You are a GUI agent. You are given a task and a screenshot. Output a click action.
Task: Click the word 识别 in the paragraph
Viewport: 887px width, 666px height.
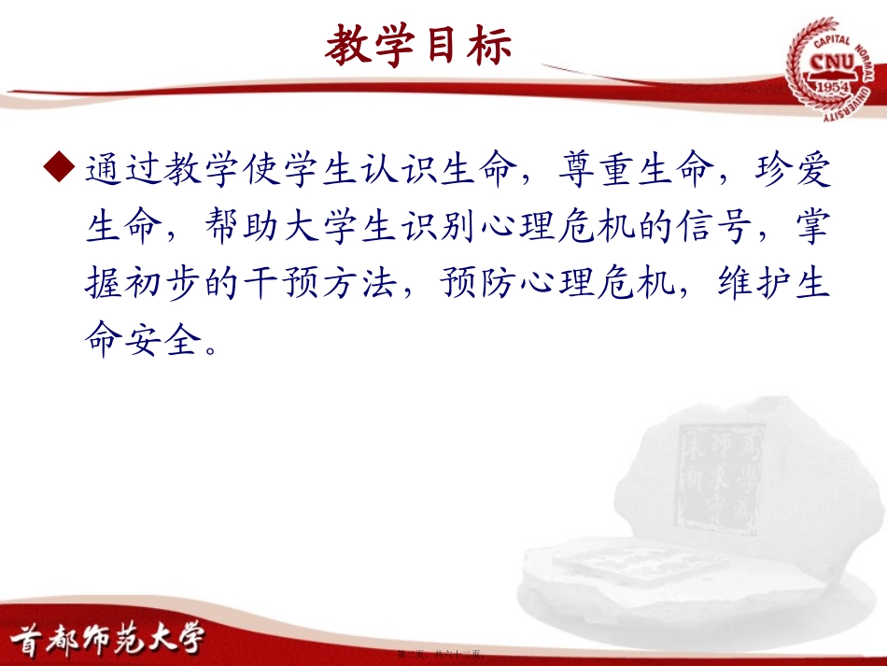coord(442,227)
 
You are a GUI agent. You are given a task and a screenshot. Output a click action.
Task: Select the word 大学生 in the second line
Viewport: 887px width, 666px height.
coord(343,227)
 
